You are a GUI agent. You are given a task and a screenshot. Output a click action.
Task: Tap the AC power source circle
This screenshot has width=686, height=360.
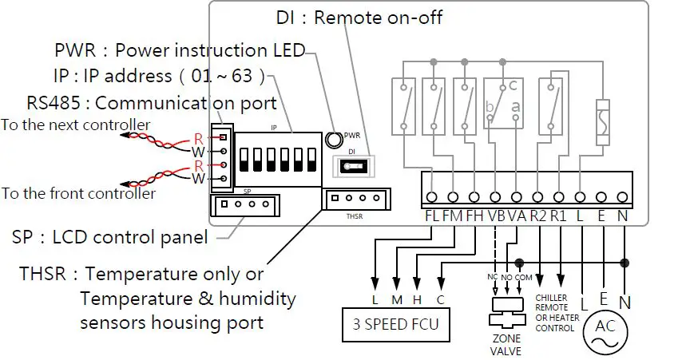coord(606,328)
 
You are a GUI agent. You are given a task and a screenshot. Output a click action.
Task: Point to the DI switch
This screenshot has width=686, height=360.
coord(352,166)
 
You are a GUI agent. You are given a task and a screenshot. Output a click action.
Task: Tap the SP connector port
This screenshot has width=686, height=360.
coord(244,205)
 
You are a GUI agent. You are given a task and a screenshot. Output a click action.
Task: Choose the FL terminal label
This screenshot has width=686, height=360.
coord(431,216)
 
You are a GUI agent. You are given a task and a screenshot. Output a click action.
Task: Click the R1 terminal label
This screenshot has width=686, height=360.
coord(559,216)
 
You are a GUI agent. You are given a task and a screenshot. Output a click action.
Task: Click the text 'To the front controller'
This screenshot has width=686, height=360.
coord(77,193)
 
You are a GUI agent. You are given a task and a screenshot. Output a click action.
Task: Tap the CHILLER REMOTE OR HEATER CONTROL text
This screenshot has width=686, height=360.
coord(557,311)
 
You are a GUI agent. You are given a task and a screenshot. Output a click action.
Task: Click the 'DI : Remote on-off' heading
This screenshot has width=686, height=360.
coord(359,17)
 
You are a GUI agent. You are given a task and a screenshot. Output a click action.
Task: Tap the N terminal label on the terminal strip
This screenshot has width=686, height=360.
coord(624,216)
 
